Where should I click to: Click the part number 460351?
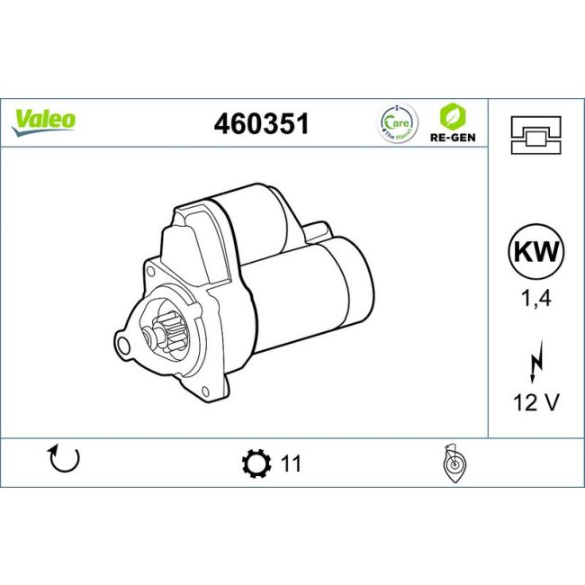[261, 124]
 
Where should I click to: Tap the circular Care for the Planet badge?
[392, 123]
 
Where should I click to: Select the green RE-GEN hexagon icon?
[451, 116]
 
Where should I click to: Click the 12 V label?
[535, 402]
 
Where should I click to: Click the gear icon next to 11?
[256, 463]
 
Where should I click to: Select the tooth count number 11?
[290, 464]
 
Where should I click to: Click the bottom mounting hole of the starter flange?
[207, 391]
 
